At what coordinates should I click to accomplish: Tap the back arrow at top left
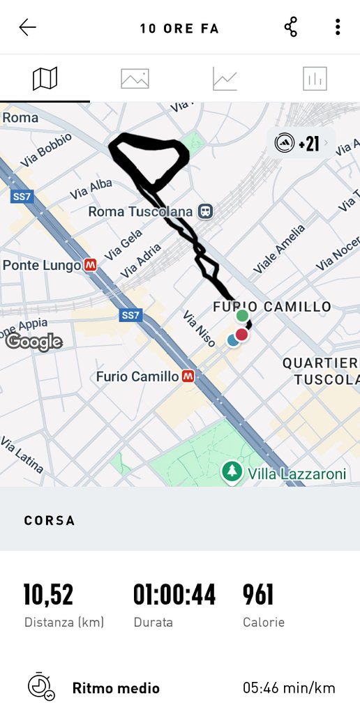tap(28, 28)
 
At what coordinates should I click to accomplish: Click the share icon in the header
tap(291, 28)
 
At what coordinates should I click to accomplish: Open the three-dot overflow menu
tap(338, 28)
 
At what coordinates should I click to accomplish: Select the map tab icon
tap(45, 78)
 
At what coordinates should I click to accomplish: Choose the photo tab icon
tap(135, 78)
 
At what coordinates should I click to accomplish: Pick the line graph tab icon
tap(225, 79)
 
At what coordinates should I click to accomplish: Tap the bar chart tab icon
tap(315, 79)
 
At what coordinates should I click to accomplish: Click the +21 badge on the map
tap(301, 144)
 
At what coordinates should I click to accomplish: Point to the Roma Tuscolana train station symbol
tap(205, 211)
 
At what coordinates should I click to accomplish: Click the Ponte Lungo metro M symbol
tap(90, 265)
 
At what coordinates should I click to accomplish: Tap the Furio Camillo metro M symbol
tap(188, 377)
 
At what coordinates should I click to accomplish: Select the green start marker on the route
tap(242, 316)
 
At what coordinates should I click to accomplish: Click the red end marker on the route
tap(241, 335)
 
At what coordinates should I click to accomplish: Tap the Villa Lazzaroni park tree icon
tap(231, 472)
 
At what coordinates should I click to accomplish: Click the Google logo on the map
tap(34, 342)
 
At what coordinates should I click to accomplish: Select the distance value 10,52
tap(48, 595)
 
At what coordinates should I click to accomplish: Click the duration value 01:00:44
tap(174, 595)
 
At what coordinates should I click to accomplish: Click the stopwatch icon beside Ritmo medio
tap(40, 687)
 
